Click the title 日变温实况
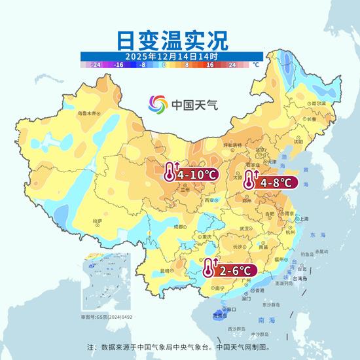pos(172,40)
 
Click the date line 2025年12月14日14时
pos(171,57)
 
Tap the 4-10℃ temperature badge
pos(191,175)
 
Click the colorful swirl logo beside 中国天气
pos(158,104)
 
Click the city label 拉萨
pos(98,222)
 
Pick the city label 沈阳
pos(298,141)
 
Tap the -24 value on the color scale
pos(95,65)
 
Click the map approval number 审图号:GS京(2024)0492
pos(107,316)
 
